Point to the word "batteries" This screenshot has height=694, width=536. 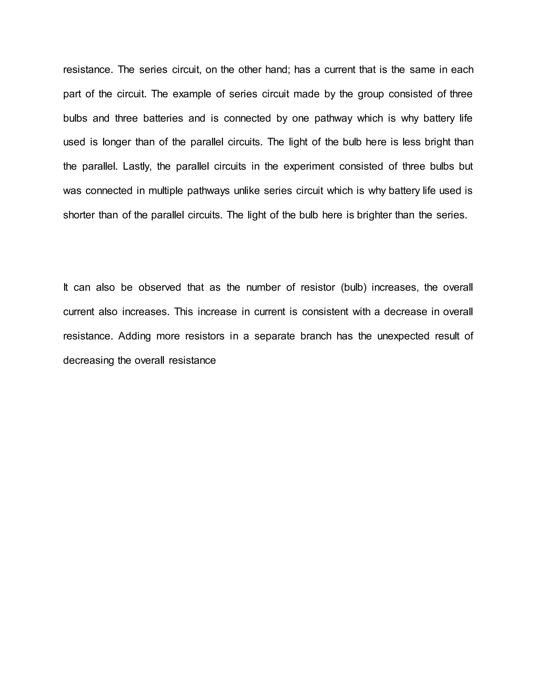coord(163,118)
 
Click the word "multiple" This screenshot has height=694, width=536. coord(165,191)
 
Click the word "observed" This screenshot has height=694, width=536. coord(159,287)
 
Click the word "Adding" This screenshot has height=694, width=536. coord(134,336)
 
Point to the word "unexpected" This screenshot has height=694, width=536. coord(403,336)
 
